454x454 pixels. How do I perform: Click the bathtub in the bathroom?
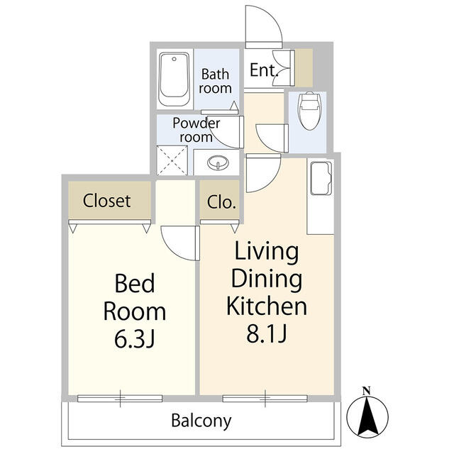[x=174, y=79]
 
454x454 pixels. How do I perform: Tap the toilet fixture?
[x=310, y=111]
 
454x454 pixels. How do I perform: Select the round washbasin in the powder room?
[x=218, y=162]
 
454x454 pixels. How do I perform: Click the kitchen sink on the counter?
[x=321, y=178]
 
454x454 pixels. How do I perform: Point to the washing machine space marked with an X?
[x=172, y=160]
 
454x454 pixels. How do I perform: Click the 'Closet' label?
[x=106, y=201]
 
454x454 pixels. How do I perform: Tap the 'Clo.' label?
[x=221, y=202]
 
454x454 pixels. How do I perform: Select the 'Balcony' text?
[x=201, y=421]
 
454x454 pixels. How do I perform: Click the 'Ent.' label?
[x=264, y=70]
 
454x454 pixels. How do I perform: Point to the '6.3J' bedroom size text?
[x=135, y=339]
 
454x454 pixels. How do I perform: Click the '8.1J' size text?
[x=267, y=333]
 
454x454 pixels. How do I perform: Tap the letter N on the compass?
[x=367, y=391]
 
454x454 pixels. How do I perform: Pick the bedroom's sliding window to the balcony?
[x=120, y=399]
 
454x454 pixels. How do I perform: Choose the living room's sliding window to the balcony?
[x=265, y=399]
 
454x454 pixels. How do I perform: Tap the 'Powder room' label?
[x=196, y=130]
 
